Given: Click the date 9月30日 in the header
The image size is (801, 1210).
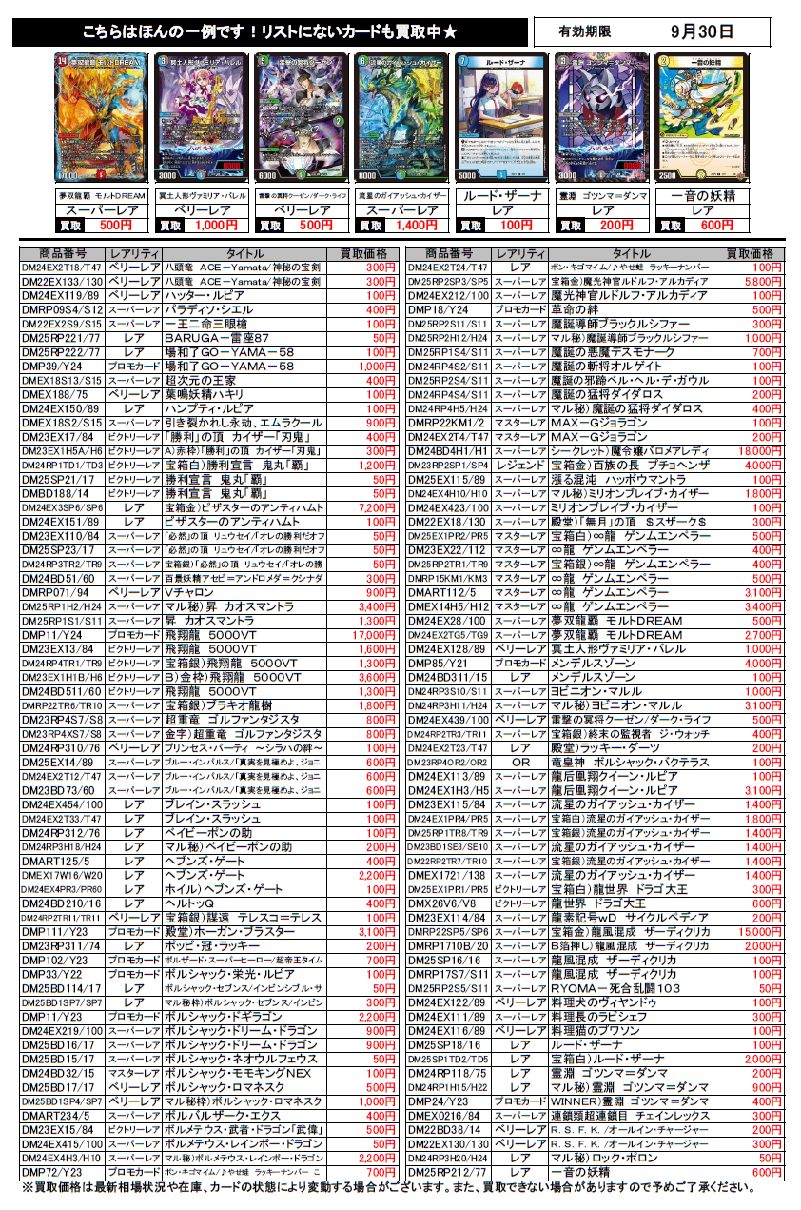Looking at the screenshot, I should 701,31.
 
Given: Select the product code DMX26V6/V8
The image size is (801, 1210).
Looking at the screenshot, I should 446,903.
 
